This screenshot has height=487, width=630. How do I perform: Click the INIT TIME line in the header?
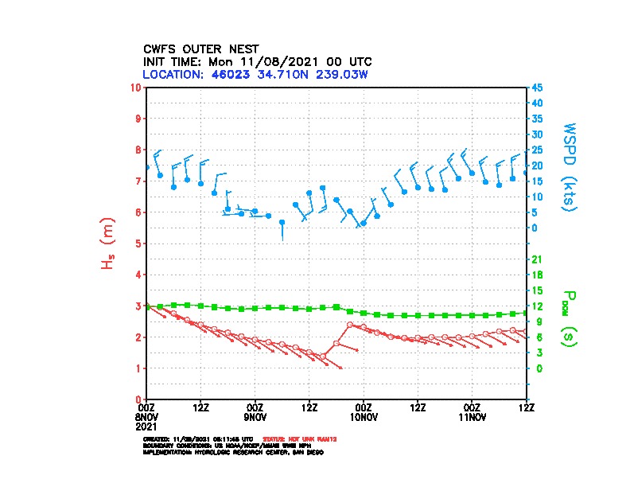257,61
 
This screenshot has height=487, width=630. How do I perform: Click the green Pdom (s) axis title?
567,317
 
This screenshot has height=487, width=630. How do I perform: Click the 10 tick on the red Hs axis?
137,87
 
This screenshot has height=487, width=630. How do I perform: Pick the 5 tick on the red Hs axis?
138,243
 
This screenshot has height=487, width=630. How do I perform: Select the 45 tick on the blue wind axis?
538,87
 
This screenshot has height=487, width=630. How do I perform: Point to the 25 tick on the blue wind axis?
538,150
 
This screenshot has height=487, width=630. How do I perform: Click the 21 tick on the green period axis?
537,259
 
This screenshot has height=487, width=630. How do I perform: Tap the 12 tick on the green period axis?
537,306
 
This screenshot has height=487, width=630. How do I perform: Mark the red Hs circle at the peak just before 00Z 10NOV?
350,325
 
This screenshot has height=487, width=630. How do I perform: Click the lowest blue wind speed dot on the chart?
282,222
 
